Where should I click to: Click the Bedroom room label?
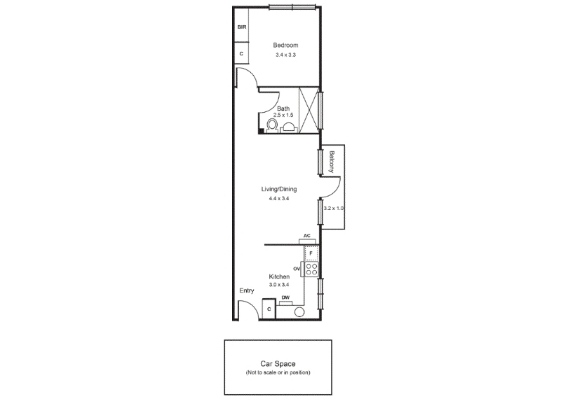tap(285, 45)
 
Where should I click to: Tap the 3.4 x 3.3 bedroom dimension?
tap(285, 55)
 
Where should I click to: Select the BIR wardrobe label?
tap(242, 27)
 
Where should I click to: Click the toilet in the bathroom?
tap(272, 126)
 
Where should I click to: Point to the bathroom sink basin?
tap(289, 127)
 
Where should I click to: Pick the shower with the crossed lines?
tap(309, 110)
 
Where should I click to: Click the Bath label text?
tap(283, 108)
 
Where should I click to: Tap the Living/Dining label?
tap(279, 189)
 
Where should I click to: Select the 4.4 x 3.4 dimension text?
tap(279, 199)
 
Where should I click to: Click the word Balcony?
tap(332, 162)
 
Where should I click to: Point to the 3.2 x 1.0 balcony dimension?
tap(334, 208)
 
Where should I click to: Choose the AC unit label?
tap(307, 236)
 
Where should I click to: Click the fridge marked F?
tap(311, 253)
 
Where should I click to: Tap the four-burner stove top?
tap(311, 269)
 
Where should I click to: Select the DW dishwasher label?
tap(285, 297)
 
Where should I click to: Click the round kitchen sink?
tap(299, 312)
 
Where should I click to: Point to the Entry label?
tap(247, 290)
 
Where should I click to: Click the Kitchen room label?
tap(279, 276)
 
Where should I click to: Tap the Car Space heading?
tap(278, 364)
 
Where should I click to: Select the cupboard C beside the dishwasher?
tap(269, 309)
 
